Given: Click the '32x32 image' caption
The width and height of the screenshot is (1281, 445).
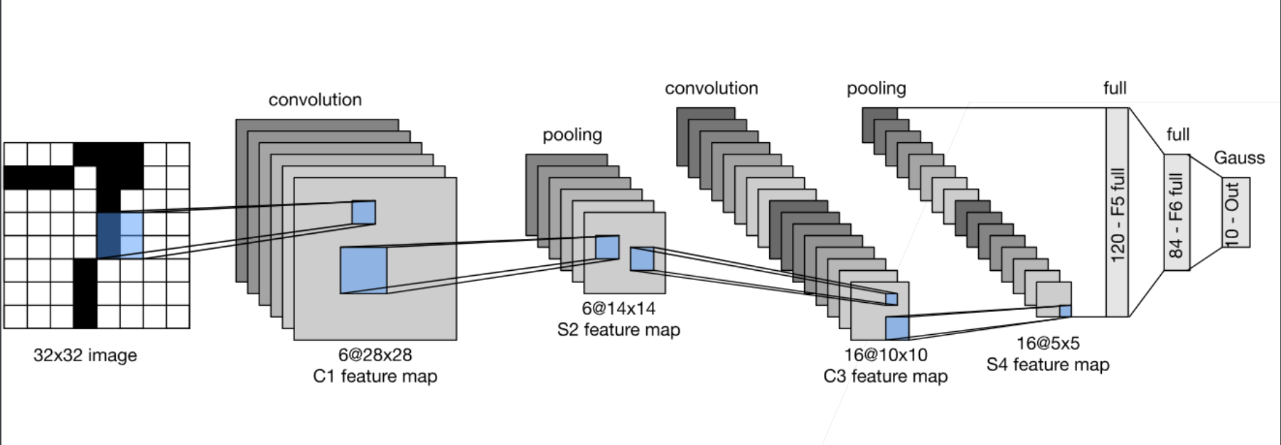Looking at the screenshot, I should [x=85, y=355].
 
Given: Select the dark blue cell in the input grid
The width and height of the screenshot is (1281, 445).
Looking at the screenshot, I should [x=109, y=235].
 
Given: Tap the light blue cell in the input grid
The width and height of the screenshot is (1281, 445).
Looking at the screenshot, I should [x=132, y=235].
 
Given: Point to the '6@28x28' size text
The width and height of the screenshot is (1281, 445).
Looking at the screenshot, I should [x=375, y=355].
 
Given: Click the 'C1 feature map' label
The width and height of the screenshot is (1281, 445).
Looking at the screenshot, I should [x=375, y=376].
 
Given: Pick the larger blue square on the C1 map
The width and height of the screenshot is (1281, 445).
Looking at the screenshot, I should [x=363, y=270].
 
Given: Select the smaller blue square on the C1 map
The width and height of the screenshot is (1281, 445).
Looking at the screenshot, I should [x=363, y=212].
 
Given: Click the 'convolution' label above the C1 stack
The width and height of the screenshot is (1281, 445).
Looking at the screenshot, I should [x=315, y=100].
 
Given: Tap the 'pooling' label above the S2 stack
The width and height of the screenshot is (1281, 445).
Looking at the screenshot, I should [x=572, y=135].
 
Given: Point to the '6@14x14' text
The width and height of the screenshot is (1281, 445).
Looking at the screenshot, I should [x=618, y=309].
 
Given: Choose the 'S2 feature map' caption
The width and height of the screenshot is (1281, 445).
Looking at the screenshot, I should [x=618, y=330].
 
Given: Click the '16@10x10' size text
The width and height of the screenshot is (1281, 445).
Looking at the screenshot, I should [x=886, y=355].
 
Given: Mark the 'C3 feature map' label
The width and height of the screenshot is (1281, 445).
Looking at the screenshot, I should [x=886, y=376].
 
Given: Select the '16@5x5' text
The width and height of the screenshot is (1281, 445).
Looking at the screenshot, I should [x=1048, y=343].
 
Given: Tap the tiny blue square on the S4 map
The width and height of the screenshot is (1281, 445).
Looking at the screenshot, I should [x=1065, y=311].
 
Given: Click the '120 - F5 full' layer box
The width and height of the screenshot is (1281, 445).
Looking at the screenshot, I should [x=1117, y=213].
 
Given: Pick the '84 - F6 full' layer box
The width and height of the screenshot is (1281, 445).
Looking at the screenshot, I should [x=1176, y=213].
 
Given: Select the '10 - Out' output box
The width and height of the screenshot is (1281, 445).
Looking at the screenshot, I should [x=1236, y=213].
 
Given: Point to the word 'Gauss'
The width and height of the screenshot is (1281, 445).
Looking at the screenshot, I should [x=1239, y=158].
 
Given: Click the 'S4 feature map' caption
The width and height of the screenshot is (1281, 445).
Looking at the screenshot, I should [x=1048, y=365].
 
